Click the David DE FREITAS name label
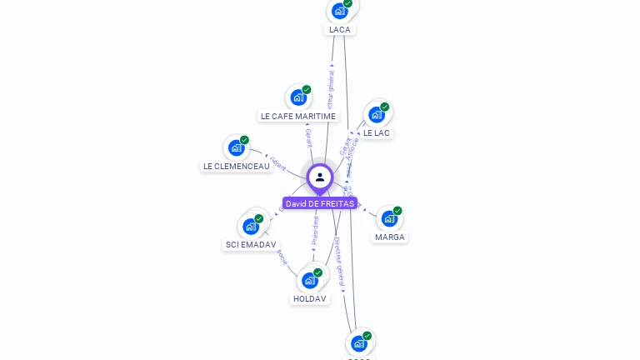click(x=320, y=203)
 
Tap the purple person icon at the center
click(x=320, y=177)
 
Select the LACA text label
click(x=340, y=29)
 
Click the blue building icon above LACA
click(x=339, y=11)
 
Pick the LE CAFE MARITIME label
click(x=298, y=116)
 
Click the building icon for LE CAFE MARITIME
click(x=298, y=97)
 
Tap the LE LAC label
click(x=377, y=132)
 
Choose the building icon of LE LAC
click(x=377, y=114)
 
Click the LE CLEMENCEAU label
click(x=237, y=166)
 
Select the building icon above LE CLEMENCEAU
click(x=237, y=147)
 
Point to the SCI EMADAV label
click(x=251, y=244)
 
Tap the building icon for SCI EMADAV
click(x=251, y=226)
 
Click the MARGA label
click(x=389, y=237)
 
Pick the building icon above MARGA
click(x=389, y=218)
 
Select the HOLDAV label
click(x=310, y=298)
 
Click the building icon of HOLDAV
click(x=310, y=280)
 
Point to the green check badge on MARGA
click(x=397, y=211)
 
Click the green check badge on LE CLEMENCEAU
click(x=244, y=140)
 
